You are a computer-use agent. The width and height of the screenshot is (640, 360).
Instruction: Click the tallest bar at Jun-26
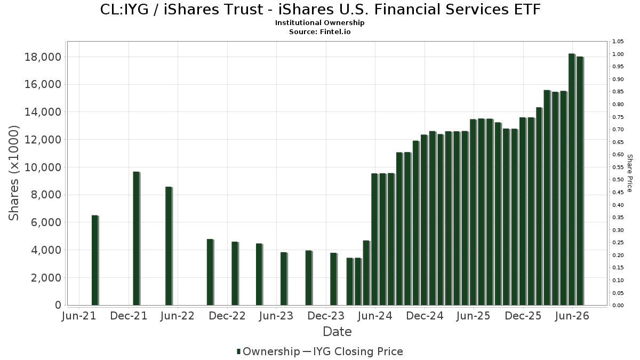click(571, 179)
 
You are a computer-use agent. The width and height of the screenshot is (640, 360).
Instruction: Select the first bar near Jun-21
click(94, 260)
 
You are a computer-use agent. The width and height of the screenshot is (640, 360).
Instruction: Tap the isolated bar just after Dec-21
click(136, 238)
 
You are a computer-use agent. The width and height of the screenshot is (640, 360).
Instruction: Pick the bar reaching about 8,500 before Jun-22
click(169, 246)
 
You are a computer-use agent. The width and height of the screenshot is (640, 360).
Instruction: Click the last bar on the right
click(580, 181)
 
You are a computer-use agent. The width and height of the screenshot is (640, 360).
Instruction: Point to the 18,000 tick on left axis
click(43, 57)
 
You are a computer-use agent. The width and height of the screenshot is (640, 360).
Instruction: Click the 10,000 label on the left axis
click(43, 167)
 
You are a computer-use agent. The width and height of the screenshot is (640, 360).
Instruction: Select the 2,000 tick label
click(46, 278)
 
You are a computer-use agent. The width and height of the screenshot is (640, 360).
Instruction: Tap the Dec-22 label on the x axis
click(227, 316)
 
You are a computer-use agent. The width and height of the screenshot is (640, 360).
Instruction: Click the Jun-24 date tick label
click(375, 316)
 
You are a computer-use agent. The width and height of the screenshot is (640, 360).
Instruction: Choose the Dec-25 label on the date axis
click(523, 316)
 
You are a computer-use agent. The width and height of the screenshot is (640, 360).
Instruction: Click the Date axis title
click(337, 332)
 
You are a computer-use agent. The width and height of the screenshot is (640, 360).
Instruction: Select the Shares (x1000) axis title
click(13, 173)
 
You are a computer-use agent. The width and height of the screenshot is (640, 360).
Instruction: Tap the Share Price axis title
click(630, 173)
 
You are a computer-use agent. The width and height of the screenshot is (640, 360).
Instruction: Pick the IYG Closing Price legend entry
click(353, 351)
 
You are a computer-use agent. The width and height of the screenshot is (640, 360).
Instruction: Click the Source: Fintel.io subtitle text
click(319, 31)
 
